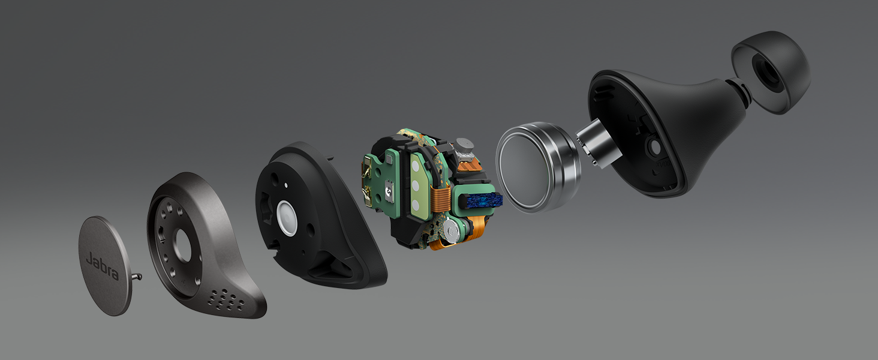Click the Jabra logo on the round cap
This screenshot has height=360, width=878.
tap(103, 266)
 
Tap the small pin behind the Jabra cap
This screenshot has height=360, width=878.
tap(136, 277)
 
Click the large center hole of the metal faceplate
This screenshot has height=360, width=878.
tap(183, 245)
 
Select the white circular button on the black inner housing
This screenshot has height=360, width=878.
tap(287, 218)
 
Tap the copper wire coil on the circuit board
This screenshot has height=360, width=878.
tap(442, 196)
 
